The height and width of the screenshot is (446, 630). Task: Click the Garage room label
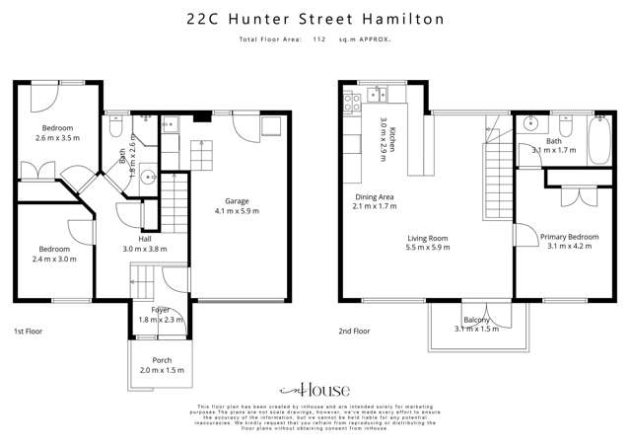(237, 200)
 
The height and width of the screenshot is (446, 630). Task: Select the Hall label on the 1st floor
(145, 239)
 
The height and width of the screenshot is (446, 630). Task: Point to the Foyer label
(147, 310)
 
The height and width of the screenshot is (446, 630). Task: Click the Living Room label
(429, 238)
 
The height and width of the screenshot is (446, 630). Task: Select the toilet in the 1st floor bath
(115, 128)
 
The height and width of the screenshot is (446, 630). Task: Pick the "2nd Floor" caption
(353, 332)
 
